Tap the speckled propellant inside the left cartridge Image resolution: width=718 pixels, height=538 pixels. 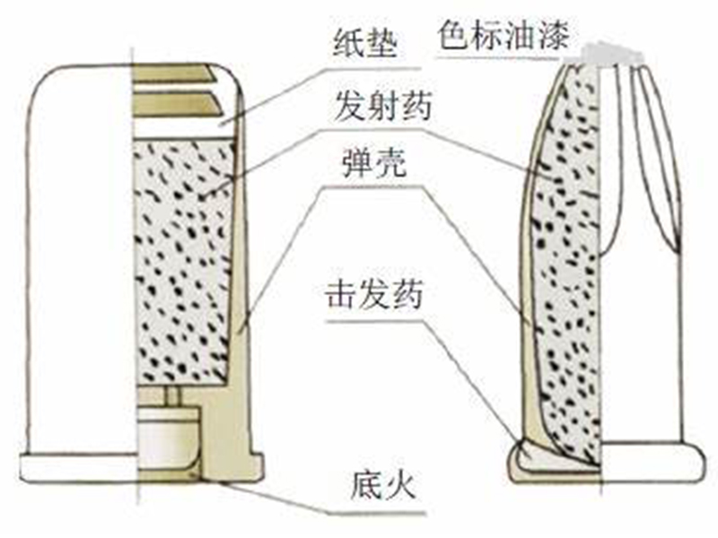pyautogui.click(x=184, y=260)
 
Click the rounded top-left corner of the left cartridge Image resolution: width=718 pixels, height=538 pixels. pyautogui.click(x=40, y=81)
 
